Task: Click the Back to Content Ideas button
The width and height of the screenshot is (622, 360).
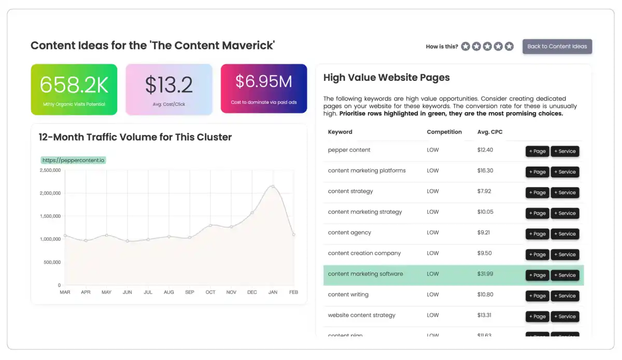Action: [x=557, y=46]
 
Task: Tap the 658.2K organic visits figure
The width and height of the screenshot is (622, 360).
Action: [x=74, y=85]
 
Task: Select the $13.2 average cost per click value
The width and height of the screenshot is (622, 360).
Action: [x=169, y=85]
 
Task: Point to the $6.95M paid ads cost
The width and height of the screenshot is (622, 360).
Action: [x=264, y=81]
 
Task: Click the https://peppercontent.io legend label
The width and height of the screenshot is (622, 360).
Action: [x=74, y=160]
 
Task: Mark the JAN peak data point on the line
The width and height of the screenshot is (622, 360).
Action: [x=273, y=186]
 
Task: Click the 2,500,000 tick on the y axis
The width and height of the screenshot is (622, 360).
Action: [x=50, y=170]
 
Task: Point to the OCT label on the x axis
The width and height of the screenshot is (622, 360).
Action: [x=210, y=293]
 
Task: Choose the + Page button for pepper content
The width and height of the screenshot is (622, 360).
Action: [x=537, y=151]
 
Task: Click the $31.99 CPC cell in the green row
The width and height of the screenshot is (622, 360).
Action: [x=485, y=274]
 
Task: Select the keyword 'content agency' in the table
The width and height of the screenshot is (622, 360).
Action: [x=349, y=232]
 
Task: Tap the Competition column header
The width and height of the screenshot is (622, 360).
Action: [x=444, y=132]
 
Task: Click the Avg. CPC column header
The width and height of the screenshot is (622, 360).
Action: [x=490, y=132]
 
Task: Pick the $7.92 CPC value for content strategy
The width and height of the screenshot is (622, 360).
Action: [x=484, y=191]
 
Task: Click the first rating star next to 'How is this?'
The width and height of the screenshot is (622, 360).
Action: [x=465, y=47]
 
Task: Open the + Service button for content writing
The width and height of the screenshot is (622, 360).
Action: [x=564, y=296]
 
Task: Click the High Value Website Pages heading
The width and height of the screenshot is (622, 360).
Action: [x=386, y=78]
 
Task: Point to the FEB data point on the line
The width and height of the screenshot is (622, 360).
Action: [x=293, y=234]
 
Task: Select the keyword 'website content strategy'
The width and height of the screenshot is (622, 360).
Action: [x=361, y=315]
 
